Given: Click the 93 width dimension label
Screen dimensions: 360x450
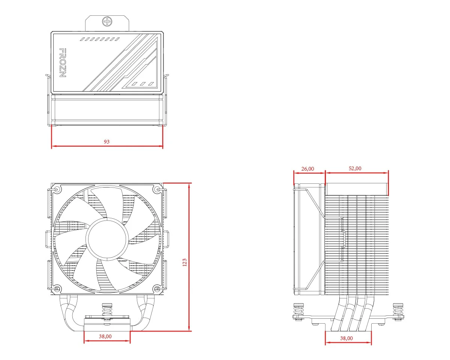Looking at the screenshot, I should tap(106, 142).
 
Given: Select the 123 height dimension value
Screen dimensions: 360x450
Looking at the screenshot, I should tap(184, 262).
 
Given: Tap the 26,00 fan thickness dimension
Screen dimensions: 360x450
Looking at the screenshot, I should tap(307, 169).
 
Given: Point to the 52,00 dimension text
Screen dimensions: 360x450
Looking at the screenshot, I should tap(355, 168).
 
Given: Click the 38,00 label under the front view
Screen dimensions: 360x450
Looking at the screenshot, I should tap(105, 336).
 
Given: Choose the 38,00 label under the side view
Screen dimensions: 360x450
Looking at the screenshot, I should tap(346, 338).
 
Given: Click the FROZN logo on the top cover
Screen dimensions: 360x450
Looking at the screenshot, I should tap(63, 63).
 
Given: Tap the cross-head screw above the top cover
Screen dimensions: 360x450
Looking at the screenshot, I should tap(107, 21).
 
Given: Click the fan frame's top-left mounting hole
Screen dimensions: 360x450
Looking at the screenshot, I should tap(57, 189).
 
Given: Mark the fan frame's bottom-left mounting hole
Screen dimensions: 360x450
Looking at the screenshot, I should tap(57, 289).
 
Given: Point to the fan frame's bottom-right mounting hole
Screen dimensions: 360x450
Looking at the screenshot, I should tap(157, 289).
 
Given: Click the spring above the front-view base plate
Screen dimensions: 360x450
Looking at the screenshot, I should tap(107, 311).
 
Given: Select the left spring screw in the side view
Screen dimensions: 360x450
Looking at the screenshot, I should tap(298, 311).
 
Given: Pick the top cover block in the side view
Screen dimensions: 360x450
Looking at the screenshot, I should tap(356, 189).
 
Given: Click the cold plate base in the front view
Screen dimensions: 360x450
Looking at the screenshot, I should tap(107, 325).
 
